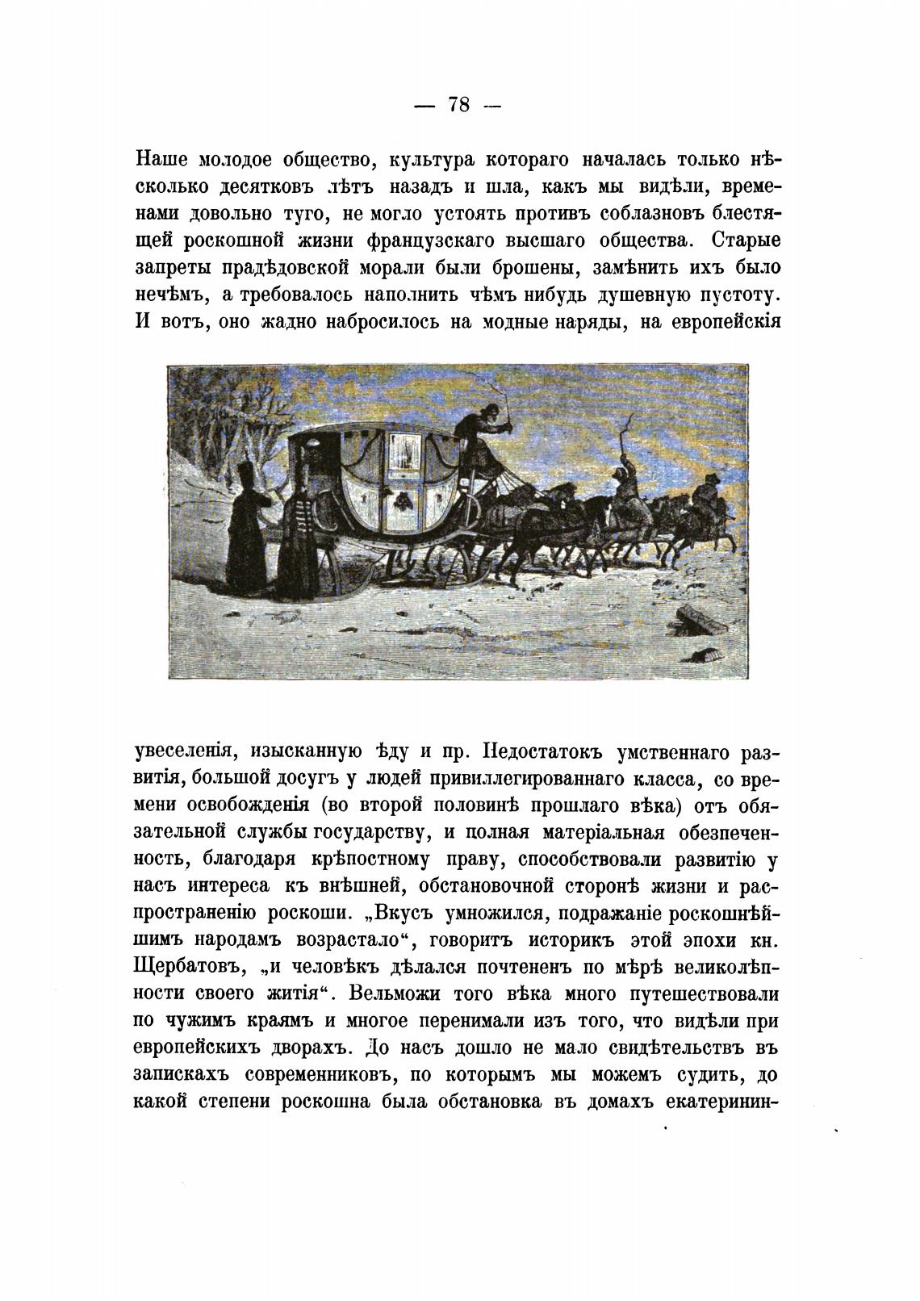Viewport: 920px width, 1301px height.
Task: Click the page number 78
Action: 458,105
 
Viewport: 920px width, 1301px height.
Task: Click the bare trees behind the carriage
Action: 210,436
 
